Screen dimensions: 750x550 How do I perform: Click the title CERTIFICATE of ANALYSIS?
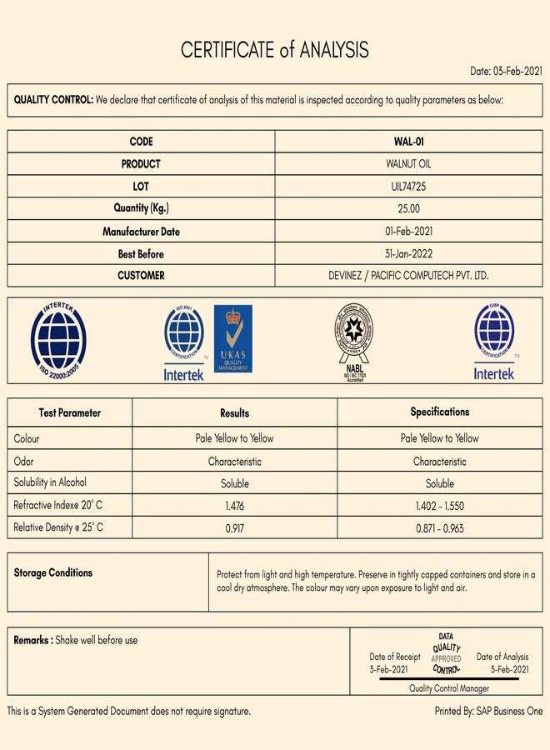275,50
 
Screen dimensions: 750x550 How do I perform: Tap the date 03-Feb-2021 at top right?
506,71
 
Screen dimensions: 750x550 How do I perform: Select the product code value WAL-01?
408,142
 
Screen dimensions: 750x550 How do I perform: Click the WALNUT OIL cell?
408,164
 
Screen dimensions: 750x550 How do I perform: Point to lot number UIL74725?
408,187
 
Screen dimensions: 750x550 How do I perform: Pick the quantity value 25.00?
408,208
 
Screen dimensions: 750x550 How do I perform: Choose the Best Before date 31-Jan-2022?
408,254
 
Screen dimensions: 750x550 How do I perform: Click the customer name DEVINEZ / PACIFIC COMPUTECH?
408,276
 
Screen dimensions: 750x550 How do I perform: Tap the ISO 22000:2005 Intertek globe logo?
58,341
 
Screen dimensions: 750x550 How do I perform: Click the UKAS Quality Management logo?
232,338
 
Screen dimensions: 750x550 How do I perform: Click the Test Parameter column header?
70,412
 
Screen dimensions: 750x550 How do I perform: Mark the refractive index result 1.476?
235,506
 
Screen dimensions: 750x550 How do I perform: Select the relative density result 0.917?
235,528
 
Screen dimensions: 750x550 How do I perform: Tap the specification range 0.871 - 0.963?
440,528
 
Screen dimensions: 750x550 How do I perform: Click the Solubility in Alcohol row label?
50,482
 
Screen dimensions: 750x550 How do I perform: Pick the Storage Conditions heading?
53,573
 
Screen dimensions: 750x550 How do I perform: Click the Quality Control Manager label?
449,688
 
